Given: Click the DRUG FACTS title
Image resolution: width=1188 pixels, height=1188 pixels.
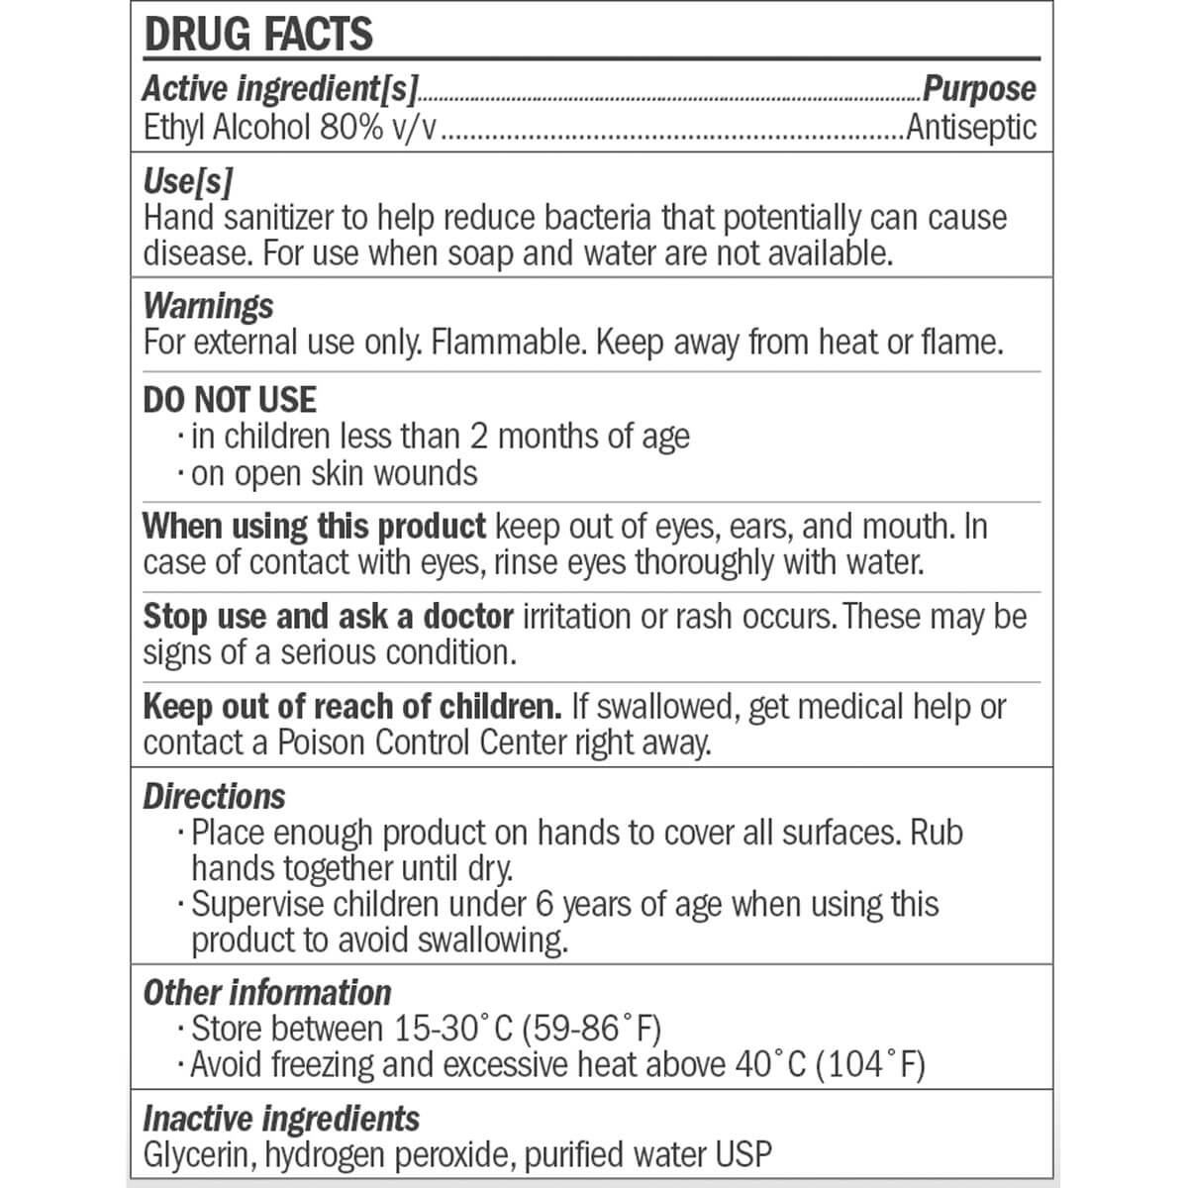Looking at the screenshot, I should (x=258, y=34).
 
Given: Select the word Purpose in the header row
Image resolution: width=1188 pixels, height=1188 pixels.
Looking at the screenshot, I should (x=979, y=89).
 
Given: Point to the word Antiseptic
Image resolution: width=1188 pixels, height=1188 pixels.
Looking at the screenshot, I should (x=971, y=128).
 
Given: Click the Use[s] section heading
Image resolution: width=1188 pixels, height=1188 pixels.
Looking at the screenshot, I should (x=188, y=181).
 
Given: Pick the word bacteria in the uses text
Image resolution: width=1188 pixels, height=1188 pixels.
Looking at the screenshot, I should (x=596, y=218).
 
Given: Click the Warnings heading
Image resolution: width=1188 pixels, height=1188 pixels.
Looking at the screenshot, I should (x=208, y=306).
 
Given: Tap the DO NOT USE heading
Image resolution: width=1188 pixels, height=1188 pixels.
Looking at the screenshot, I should (x=230, y=400).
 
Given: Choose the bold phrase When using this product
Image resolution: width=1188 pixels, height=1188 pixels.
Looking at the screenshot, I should (x=314, y=526).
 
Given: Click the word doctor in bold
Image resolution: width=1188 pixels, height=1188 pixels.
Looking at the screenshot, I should (x=467, y=616).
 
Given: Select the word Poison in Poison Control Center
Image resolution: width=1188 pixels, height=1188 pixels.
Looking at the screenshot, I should (x=321, y=742).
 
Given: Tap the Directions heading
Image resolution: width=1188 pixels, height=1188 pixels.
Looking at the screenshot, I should (x=214, y=797).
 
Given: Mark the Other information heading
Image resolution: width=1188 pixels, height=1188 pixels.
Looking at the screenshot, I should (x=267, y=993).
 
